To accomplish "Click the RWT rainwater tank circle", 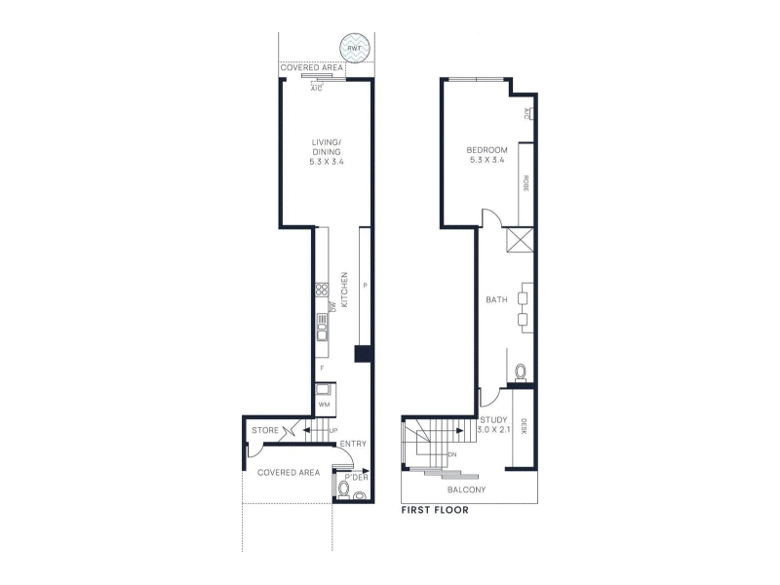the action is pyautogui.click(x=355, y=48).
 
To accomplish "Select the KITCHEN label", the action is pyautogui.click(x=344, y=289).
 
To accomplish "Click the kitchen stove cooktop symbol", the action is pyautogui.click(x=322, y=290).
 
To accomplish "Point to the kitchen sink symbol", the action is pyautogui.click(x=322, y=327).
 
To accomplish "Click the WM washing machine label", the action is pyautogui.click(x=324, y=405).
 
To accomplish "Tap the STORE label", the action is pyautogui.click(x=265, y=430).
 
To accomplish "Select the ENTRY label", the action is pyautogui.click(x=353, y=444).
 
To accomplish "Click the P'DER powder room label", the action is pyautogui.click(x=356, y=478).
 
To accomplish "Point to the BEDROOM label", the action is pyautogui.click(x=487, y=150).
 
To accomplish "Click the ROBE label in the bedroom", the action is pyautogui.click(x=526, y=183).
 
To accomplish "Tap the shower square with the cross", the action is pyautogui.click(x=520, y=240).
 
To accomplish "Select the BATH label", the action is pyautogui.click(x=496, y=299).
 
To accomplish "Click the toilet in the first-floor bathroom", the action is pyautogui.click(x=521, y=371).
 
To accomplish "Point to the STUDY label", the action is pyautogui.click(x=493, y=420).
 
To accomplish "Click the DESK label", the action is pyautogui.click(x=524, y=426).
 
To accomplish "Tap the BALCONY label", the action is pyautogui.click(x=466, y=490).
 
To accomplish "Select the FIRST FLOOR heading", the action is pyautogui.click(x=435, y=510).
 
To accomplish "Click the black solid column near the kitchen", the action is pyautogui.click(x=363, y=354).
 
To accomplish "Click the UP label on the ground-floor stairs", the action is pyautogui.click(x=332, y=430).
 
